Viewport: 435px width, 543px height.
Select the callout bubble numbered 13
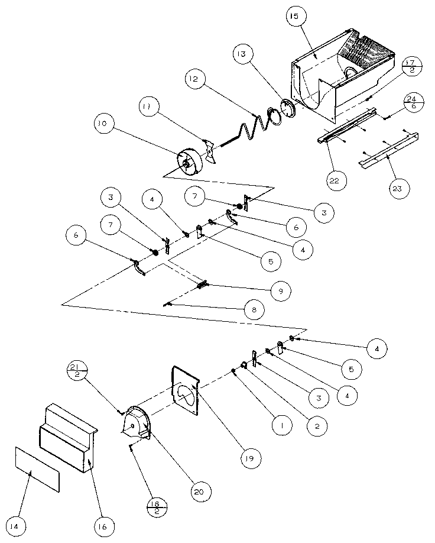point(242,54)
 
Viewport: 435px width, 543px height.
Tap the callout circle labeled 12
point(194,79)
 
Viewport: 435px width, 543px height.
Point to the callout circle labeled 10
point(103,123)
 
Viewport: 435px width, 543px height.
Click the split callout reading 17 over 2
point(412,66)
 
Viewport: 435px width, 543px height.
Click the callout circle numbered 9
point(281,290)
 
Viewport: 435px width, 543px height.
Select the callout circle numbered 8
point(254,309)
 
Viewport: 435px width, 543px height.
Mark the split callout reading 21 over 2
point(77,370)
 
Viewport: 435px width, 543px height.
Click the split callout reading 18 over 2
point(157,508)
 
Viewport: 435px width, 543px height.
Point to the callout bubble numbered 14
point(14,526)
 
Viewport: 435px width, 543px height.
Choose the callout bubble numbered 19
point(250,458)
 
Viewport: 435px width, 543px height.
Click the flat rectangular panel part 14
point(37,469)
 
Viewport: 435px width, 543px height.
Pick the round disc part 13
point(288,109)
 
